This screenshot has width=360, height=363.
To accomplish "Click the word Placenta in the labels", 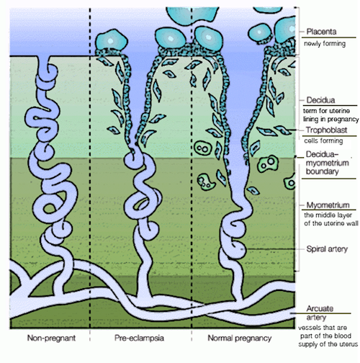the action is pyautogui.click(x=321, y=32).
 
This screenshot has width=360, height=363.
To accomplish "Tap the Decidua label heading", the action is pyautogui.click(x=320, y=100).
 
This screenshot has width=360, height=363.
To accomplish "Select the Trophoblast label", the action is pyautogui.click(x=326, y=130).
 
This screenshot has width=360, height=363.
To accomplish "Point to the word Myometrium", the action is pyautogui.click(x=328, y=205).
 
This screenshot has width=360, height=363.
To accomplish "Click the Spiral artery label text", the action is pyautogui.click(x=327, y=249).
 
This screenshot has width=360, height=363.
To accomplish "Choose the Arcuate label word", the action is pyautogui.click(x=320, y=308).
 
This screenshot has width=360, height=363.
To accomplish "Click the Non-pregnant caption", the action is pyautogui.click(x=51, y=338).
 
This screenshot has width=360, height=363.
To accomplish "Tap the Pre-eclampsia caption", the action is pyautogui.click(x=139, y=338).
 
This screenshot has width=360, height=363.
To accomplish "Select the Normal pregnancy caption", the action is pyautogui.click(x=240, y=339).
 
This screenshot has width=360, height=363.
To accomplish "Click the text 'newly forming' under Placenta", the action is pyautogui.click(x=325, y=44).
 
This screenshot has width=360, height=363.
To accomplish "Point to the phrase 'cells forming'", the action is pyautogui.click(x=323, y=140).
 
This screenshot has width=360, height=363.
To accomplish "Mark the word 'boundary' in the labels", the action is pyautogui.click(x=322, y=171).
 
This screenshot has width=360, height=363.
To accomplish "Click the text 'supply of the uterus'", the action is pyautogui.click(x=328, y=344).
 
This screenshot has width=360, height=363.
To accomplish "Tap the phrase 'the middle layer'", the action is pyautogui.click(x=328, y=215).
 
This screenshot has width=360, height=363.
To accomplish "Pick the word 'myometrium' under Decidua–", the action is pyautogui.click(x=328, y=163).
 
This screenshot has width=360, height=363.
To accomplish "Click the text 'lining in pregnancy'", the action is pyautogui.click(x=331, y=120).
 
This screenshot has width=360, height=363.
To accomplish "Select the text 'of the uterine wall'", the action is pyautogui.click(x=331, y=223).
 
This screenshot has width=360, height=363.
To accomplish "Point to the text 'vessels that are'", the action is pyautogui.click(x=323, y=328).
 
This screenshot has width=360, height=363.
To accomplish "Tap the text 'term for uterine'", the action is pyautogui.click(x=326, y=111).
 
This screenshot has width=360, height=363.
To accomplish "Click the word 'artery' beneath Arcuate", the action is pyautogui.click(x=316, y=318).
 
